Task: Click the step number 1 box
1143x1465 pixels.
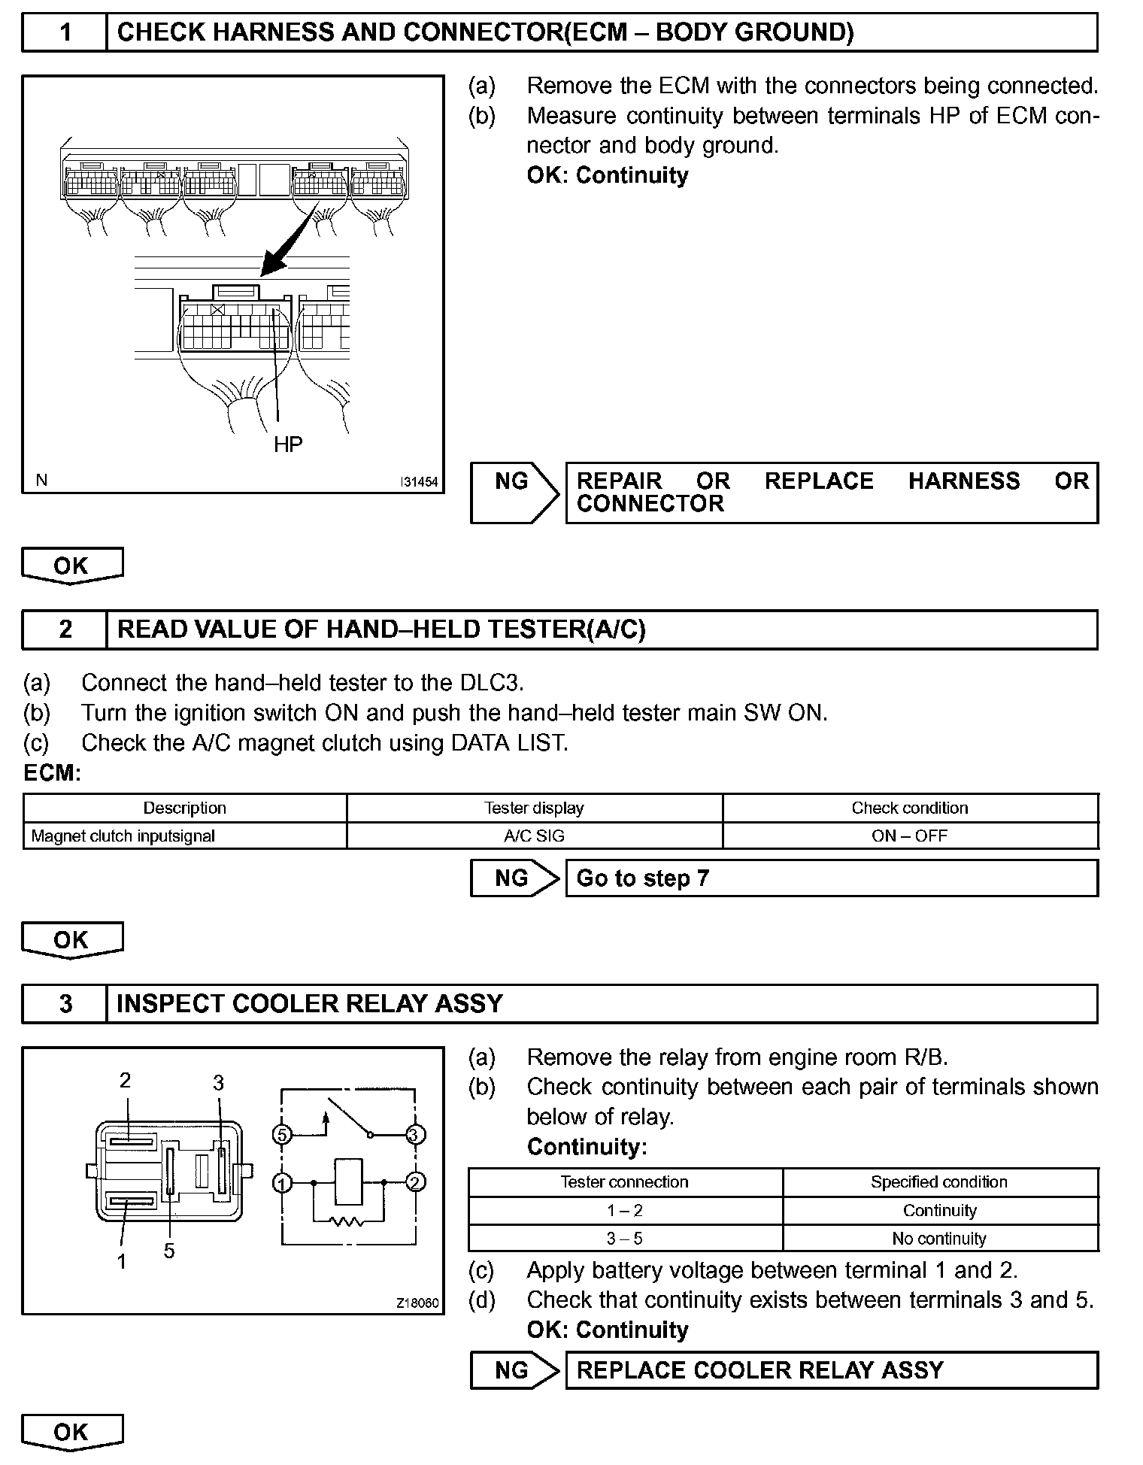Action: (x=65, y=32)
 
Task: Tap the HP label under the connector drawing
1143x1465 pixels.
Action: (x=288, y=444)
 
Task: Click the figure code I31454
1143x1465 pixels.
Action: (x=419, y=481)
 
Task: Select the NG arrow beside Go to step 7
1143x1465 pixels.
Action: (x=515, y=878)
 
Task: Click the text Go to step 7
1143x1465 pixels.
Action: (x=643, y=878)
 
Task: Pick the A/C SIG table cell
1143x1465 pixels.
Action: (x=534, y=836)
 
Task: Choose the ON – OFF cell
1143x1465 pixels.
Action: (x=910, y=836)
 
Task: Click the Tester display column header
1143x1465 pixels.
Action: (x=534, y=808)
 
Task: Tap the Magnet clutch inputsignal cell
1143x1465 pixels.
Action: (x=123, y=836)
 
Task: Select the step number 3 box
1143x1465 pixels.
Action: (x=65, y=1004)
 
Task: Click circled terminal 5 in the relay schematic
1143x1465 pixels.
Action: (x=281, y=1134)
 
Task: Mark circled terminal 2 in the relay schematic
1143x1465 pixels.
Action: (x=415, y=1182)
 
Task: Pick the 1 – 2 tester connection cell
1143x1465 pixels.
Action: (x=625, y=1210)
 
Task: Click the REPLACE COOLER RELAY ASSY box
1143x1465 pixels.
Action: (x=831, y=1370)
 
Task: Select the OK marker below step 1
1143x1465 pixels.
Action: (x=71, y=566)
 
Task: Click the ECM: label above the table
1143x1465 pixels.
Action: (x=52, y=773)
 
